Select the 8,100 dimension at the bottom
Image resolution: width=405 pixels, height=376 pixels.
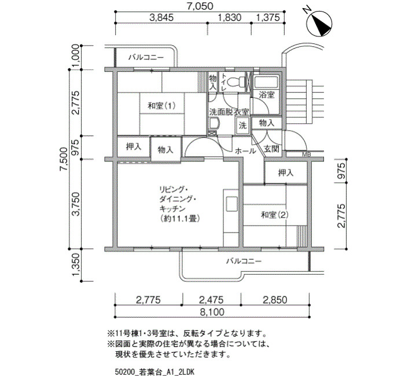pos(212,312)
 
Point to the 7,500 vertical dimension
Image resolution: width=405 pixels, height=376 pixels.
pos(64,159)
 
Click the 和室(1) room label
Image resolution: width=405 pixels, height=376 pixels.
pos(162,106)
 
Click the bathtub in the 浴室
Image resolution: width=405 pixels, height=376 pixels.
pos(266,82)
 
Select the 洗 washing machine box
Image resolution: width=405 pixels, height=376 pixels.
pos(242,126)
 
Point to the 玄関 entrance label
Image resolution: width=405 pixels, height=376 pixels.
pos(271,149)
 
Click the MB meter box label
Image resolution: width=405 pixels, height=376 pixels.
pos(306,154)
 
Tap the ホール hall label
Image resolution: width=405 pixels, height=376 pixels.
pos(245,151)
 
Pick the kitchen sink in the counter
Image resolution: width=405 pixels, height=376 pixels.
pos(231,204)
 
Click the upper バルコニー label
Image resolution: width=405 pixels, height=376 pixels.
pos(146,57)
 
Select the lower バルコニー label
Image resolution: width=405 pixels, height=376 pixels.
pos(244,261)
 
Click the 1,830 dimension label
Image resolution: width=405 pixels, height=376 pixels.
pos(230,17)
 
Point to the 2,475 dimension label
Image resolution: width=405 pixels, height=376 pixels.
pos(211,300)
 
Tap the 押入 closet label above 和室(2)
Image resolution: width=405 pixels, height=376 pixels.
pos(286,173)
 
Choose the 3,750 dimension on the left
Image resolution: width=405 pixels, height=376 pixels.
pos(76,204)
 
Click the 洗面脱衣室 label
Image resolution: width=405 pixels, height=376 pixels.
pos(229,112)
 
